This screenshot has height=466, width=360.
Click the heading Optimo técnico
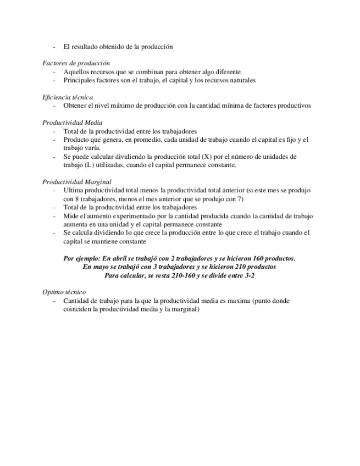64,292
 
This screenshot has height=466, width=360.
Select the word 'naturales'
240,80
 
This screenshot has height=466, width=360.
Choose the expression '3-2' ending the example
248,275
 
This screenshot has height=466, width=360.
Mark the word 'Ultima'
74,190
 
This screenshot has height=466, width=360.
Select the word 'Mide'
71,216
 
